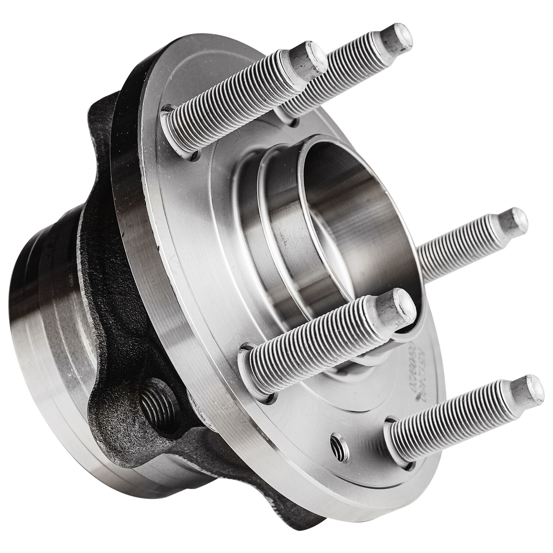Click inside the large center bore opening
343,206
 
